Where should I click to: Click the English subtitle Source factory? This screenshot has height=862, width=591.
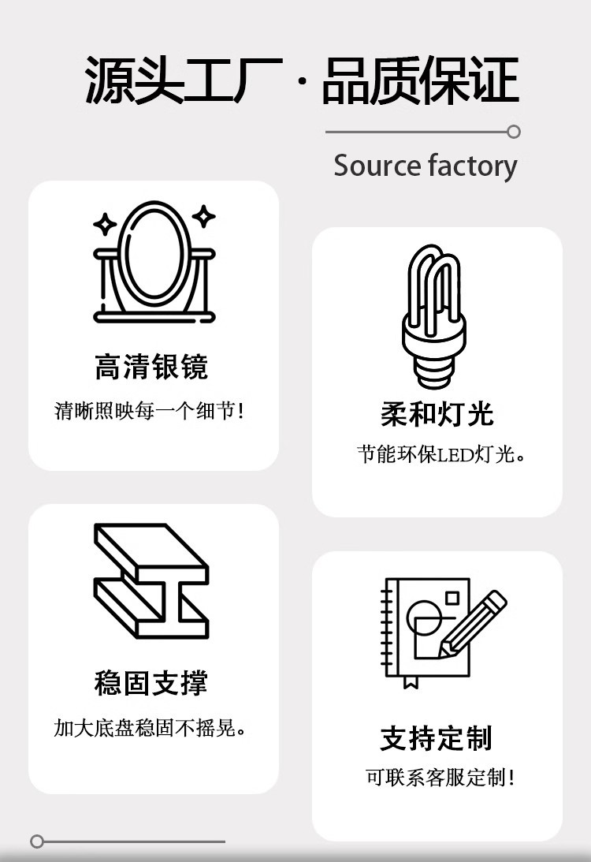(426, 166)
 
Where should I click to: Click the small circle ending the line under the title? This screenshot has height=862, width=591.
(514, 132)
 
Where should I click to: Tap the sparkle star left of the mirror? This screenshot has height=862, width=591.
(105, 224)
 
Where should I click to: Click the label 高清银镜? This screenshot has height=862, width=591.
(151, 368)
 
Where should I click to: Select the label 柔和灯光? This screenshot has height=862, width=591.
(437, 414)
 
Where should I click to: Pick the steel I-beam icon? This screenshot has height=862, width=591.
(151, 580)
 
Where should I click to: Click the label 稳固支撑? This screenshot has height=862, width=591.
(151, 683)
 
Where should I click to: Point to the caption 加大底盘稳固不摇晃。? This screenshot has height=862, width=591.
(151, 728)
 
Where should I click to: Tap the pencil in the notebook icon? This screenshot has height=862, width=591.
(472, 623)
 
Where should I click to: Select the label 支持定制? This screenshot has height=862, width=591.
(437, 738)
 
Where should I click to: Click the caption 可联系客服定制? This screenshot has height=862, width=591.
(440, 778)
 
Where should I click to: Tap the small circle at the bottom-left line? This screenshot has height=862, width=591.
(37, 841)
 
